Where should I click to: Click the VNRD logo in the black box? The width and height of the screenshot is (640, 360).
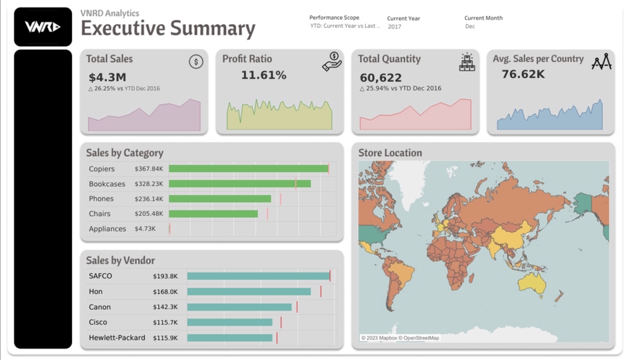(x=43, y=27)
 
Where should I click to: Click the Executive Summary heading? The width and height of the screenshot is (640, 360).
(x=168, y=29)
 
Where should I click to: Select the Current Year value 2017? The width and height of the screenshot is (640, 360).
(x=395, y=27)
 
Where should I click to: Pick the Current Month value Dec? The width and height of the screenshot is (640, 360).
(x=470, y=27)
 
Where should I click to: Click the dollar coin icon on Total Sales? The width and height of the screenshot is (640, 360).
(x=195, y=61)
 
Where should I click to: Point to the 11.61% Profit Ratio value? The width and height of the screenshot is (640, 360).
(x=263, y=75)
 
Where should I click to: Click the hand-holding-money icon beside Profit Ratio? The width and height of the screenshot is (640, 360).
(x=332, y=61)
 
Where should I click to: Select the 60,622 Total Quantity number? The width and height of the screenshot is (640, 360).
(x=381, y=78)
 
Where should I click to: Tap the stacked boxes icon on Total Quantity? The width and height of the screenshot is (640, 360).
(x=467, y=62)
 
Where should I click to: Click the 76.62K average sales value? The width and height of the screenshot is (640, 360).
(x=523, y=75)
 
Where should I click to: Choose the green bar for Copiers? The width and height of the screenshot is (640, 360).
(x=248, y=169)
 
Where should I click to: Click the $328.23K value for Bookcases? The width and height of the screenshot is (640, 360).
(x=149, y=184)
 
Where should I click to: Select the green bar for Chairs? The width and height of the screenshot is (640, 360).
(x=213, y=214)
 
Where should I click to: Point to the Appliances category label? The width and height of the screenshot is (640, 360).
(x=107, y=229)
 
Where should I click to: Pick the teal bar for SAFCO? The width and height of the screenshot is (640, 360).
(x=258, y=276)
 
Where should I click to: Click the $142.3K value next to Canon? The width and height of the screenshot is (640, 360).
(x=165, y=307)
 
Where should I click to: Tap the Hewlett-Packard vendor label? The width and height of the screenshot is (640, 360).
(x=117, y=338)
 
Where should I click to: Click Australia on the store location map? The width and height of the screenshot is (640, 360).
(x=531, y=284)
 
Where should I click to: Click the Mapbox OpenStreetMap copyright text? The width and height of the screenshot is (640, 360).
(x=400, y=338)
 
